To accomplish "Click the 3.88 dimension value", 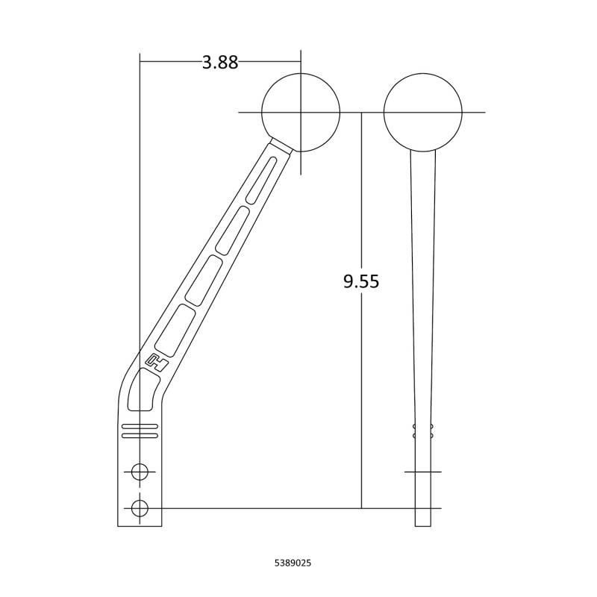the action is tap(220, 62).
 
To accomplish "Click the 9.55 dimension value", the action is tap(361, 281).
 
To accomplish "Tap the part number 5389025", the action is tap(293, 563).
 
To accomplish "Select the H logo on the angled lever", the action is tap(157, 362).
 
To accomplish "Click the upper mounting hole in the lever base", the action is tap(140, 472).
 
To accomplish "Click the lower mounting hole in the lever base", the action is tap(140, 507).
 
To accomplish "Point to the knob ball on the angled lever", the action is tap(301, 113).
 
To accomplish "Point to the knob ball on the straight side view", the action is tap(422, 113).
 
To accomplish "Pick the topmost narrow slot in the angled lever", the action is tap(261, 179).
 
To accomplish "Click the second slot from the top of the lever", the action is tap(233, 231).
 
